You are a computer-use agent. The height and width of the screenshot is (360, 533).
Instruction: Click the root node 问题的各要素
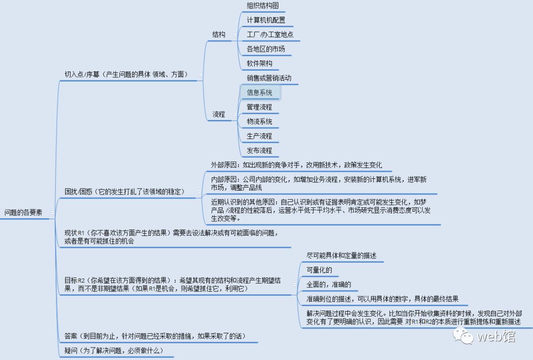(x=23, y=213)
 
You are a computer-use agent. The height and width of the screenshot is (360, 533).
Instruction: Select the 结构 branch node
(x=219, y=35)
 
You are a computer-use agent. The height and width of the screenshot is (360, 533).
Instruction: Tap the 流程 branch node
(x=219, y=114)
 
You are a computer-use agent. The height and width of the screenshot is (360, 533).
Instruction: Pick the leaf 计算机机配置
(x=266, y=20)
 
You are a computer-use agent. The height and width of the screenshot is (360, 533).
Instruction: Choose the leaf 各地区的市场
(x=266, y=49)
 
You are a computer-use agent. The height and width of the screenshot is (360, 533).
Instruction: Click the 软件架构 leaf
(x=260, y=64)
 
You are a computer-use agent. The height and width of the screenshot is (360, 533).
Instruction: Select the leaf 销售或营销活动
(x=269, y=78)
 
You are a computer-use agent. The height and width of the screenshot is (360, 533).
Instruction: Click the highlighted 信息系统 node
(x=260, y=92)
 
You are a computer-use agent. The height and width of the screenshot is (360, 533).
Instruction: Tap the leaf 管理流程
(x=260, y=107)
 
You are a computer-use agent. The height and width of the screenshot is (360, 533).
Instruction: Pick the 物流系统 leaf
(x=260, y=121)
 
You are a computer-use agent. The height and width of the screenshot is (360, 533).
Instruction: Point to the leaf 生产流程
(x=260, y=136)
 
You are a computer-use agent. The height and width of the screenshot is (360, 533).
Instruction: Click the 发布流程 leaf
(x=260, y=150)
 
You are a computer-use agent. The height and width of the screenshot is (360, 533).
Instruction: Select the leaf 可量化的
(x=319, y=270)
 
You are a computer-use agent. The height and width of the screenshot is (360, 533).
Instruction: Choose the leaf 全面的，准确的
(x=329, y=284)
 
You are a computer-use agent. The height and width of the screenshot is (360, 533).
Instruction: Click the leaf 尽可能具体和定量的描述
(x=342, y=256)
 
